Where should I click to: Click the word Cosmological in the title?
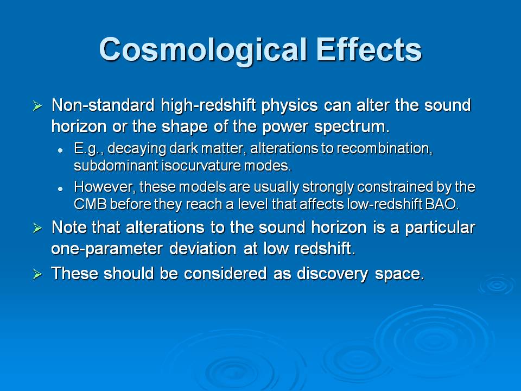(202, 50)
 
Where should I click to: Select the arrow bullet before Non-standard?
(37, 106)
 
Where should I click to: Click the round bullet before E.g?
(60, 150)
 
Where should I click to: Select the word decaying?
(137, 149)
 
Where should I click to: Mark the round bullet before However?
(60, 189)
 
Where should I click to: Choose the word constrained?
(395, 187)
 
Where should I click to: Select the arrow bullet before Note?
(37, 229)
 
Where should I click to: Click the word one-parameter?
(107, 249)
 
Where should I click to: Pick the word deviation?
(202, 248)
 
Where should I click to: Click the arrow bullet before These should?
(37, 274)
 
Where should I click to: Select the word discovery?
(332, 274)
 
